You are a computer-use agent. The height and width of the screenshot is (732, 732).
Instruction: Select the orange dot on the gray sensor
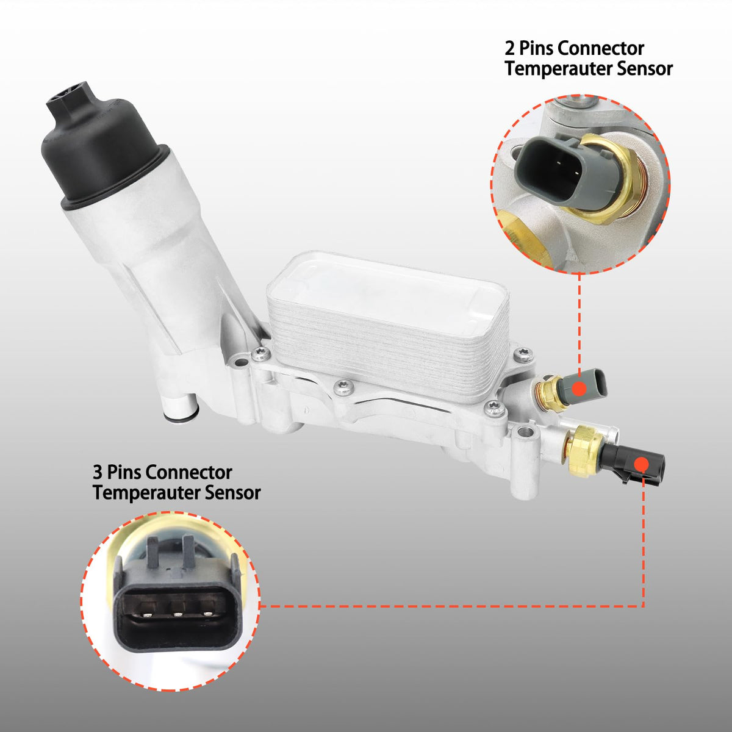579,388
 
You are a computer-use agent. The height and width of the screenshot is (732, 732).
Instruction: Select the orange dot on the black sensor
642,464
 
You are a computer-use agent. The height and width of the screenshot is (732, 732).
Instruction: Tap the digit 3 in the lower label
98,473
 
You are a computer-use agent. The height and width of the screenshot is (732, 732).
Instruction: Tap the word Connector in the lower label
188,473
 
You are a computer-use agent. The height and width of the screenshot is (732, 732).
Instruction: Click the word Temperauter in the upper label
558,69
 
